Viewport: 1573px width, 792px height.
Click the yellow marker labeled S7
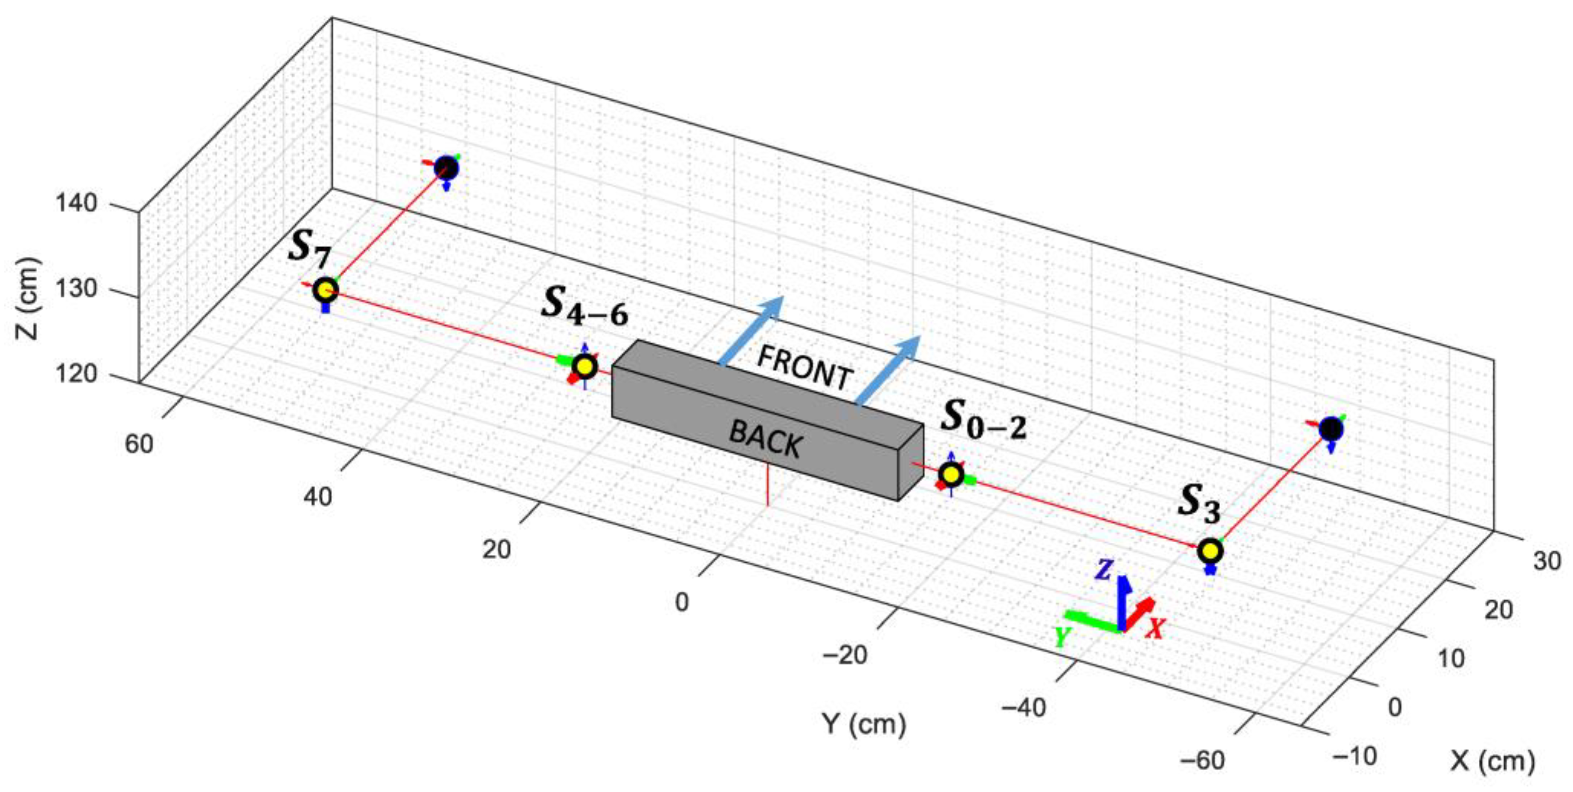(325, 289)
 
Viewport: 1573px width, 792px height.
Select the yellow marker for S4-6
(585, 366)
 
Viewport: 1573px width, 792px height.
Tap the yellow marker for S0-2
(951, 474)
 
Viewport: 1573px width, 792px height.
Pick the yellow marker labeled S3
(1210, 551)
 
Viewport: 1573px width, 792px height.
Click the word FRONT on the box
(804, 369)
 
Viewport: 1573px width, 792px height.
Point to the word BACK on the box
(766, 438)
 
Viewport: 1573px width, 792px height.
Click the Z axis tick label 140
(76, 203)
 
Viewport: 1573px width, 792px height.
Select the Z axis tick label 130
(76, 288)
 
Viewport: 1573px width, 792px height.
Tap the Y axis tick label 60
(139, 444)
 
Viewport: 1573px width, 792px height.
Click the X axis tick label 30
(1546, 560)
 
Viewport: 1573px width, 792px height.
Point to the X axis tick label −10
(1355, 756)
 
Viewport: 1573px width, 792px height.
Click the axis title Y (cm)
(864, 724)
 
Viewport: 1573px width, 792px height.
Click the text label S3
(1199, 504)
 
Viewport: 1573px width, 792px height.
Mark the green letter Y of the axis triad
(1063, 638)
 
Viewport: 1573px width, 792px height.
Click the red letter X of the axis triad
(1155, 628)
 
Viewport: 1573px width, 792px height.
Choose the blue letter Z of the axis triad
(1103, 570)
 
